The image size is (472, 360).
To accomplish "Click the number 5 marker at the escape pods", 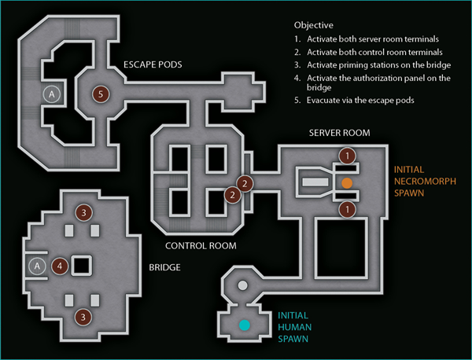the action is tap(101, 94).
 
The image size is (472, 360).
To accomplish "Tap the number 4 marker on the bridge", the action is tap(60, 266).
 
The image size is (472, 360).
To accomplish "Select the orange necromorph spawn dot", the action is tap(347, 183).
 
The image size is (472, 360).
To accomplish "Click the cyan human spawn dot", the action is tap(245, 325).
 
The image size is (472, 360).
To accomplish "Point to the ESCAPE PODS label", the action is tap(153, 64).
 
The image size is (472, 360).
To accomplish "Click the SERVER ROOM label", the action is tap(340, 133).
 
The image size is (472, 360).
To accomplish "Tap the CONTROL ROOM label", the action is tap(201, 246).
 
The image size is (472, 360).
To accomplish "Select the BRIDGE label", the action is tap(164, 267).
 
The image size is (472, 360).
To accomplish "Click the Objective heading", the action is tap(314, 25).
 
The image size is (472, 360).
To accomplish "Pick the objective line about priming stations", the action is tap(373, 65).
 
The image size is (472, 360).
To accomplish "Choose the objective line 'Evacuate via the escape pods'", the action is tap(354, 100).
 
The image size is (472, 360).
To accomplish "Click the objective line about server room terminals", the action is tap(367, 39).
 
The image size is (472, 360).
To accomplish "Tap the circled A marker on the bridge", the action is tap(37, 266).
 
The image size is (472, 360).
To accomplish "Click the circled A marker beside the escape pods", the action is tap(51, 94).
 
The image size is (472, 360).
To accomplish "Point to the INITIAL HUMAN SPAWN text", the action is tap(294, 327).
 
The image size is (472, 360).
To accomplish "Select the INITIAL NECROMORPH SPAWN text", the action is tap(425, 182).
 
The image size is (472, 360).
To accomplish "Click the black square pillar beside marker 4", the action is tap(82, 266).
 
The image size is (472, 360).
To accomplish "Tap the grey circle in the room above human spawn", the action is tap(242, 285).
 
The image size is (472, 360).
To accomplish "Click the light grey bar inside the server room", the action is tap(315, 182).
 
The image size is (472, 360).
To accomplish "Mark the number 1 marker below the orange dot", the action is tap(348, 209).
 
